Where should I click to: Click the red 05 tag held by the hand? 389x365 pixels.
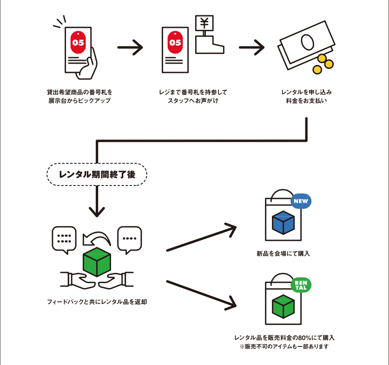point(78,42)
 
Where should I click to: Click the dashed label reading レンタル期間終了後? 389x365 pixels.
point(97,174)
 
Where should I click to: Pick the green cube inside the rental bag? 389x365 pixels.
point(283,306)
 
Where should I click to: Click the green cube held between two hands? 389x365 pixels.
point(96,262)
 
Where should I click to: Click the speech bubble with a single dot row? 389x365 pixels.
point(129,239)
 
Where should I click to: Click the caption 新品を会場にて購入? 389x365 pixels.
point(283,253)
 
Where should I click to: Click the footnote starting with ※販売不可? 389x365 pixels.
point(284,347)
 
